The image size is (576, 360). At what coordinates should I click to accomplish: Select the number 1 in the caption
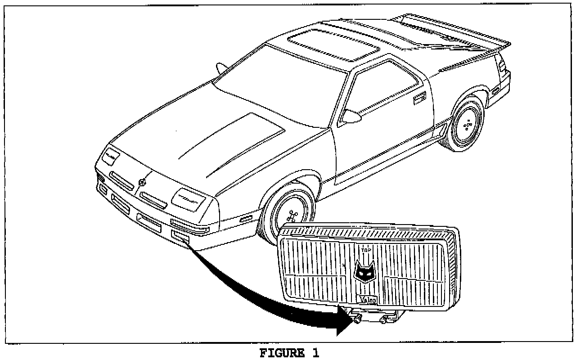tap(315, 353)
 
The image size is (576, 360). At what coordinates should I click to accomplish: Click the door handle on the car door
tap(420, 97)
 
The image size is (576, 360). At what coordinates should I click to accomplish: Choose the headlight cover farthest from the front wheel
tap(110, 156)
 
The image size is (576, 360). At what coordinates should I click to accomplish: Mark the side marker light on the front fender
tap(246, 219)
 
